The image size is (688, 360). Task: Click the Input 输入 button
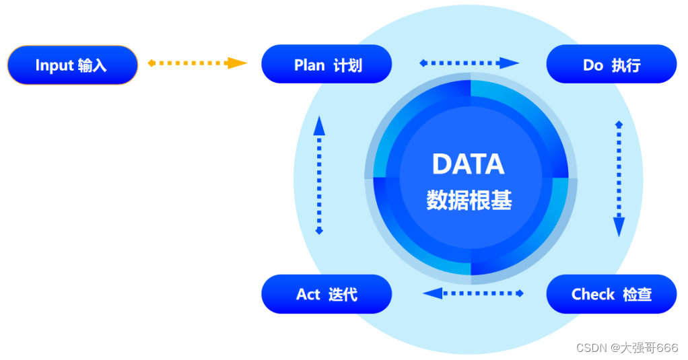(72, 65)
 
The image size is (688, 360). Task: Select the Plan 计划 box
(326, 65)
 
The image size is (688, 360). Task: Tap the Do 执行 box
(611, 65)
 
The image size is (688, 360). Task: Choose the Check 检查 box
(611, 294)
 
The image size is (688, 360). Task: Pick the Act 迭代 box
(326, 294)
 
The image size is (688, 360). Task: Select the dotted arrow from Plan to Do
(469, 63)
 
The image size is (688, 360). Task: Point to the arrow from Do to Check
(619, 178)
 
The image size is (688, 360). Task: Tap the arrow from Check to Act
(473, 293)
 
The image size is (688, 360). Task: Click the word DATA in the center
(468, 164)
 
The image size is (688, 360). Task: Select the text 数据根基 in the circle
(469, 200)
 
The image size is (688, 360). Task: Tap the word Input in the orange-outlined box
(54, 65)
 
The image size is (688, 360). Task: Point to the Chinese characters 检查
(637, 294)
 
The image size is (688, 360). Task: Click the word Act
(308, 294)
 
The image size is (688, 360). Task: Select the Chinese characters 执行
(626, 65)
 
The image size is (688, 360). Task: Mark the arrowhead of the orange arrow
(236, 63)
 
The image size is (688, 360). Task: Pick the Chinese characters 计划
(347, 65)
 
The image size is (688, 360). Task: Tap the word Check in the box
(593, 294)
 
